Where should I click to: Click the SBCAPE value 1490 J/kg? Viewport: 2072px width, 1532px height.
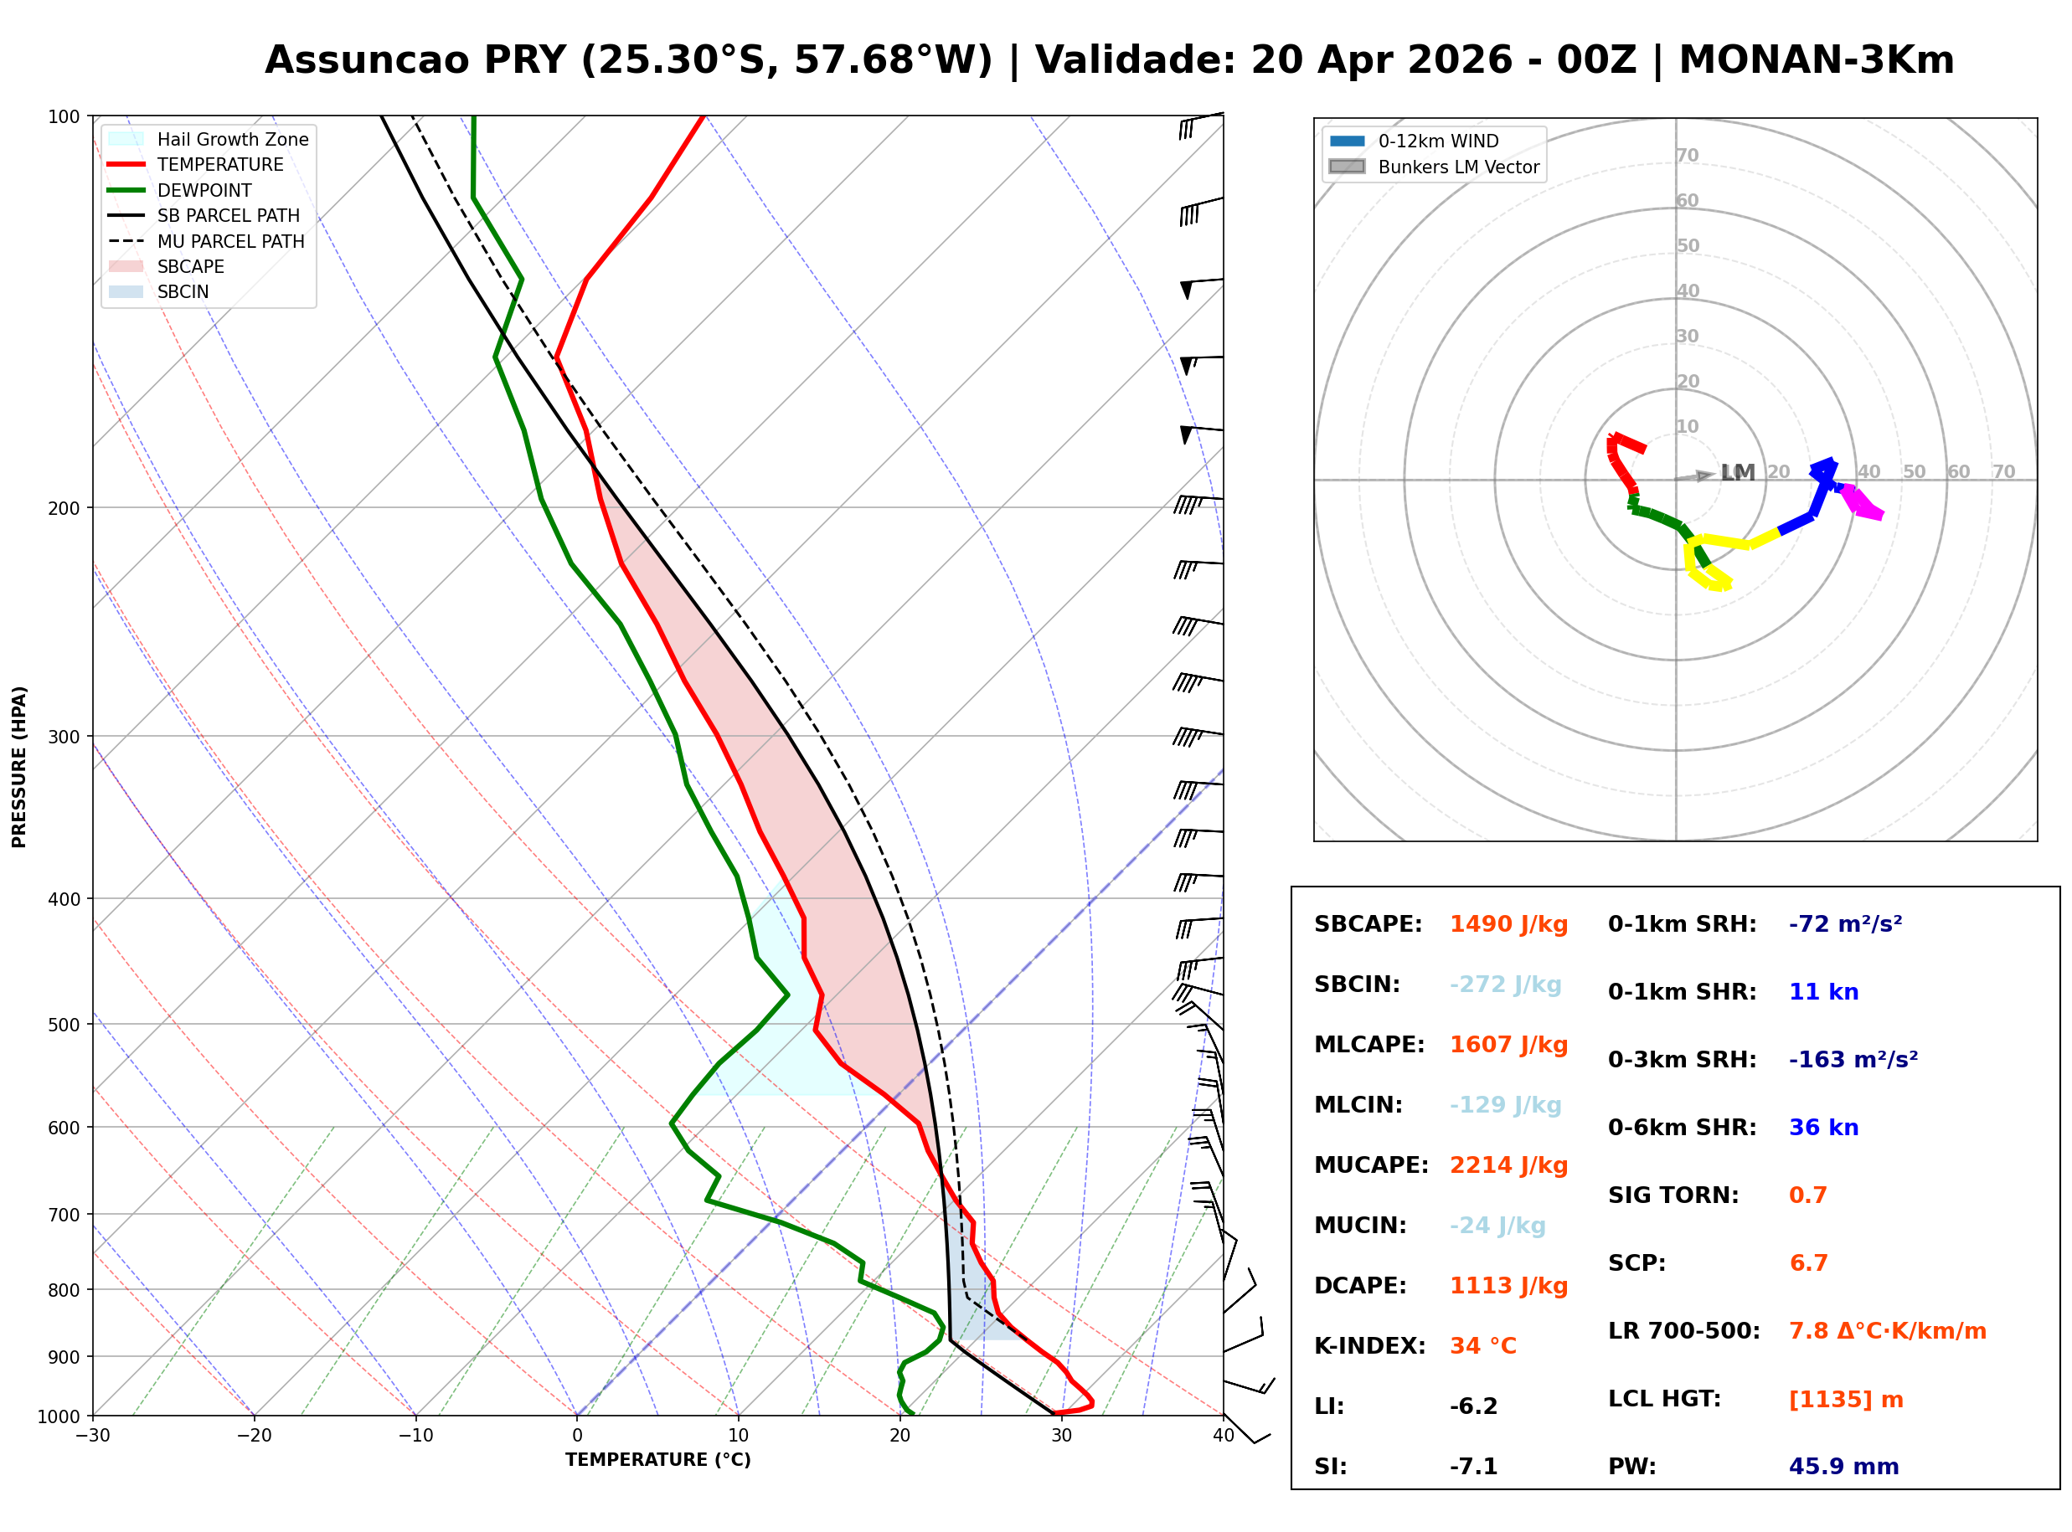pos(1508,924)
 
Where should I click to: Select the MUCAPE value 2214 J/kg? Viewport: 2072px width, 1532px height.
pos(1508,1165)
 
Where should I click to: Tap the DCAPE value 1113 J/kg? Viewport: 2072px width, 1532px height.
pos(1508,1286)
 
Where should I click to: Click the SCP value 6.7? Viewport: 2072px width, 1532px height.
pos(1807,1263)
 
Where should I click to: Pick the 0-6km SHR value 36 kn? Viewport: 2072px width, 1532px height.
pos(1823,1128)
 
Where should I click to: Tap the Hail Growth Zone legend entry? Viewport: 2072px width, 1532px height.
pos(232,139)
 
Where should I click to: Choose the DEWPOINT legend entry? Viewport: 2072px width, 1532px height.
pos(204,190)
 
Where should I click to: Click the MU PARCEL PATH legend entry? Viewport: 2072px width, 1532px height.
pos(230,241)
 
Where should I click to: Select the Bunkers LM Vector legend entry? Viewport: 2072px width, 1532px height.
pos(1457,167)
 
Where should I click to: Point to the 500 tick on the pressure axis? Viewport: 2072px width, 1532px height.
pos(64,1025)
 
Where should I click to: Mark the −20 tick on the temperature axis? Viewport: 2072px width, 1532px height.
pos(253,1436)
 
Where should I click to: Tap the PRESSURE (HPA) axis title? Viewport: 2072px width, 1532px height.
pos(19,767)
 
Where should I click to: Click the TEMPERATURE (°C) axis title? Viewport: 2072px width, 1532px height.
pos(657,1460)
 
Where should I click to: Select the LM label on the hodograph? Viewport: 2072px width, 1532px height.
pos(1737,473)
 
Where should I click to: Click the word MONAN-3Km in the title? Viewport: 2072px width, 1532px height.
pos(1815,60)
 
